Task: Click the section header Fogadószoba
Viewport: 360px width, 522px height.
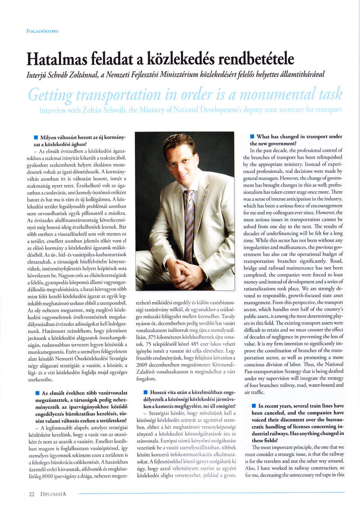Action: click(x=43, y=31)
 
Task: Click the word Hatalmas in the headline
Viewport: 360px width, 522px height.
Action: click(x=55, y=59)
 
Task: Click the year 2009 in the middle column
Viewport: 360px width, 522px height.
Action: click(x=143, y=363)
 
